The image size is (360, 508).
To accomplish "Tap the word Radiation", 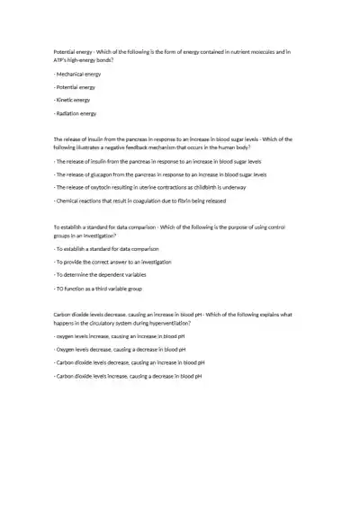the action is (x=69, y=114).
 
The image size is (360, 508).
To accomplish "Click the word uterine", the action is (x=148, y=187).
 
